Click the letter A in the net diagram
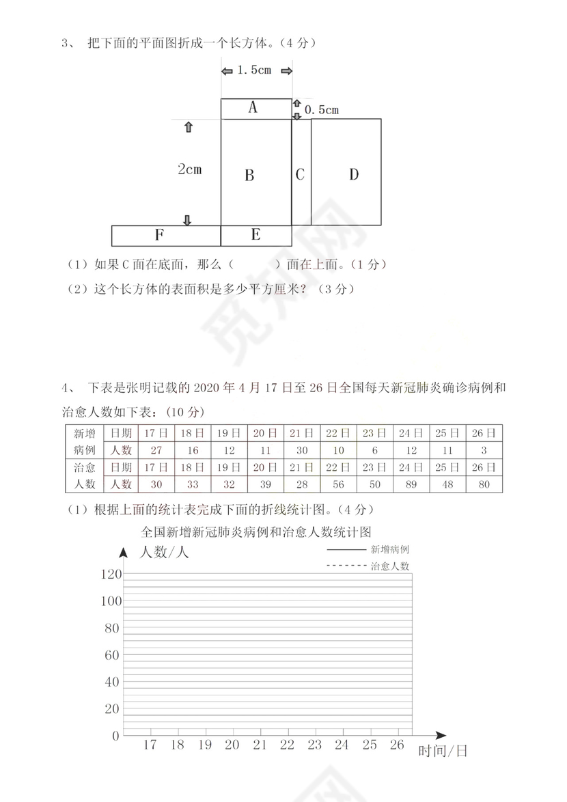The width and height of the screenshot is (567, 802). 253,108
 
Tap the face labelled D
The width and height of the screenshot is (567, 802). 353,175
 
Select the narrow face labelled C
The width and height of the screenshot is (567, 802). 300,175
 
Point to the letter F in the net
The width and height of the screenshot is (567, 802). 158,236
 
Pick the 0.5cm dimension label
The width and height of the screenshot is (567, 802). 322,109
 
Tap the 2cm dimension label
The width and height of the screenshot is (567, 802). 189,169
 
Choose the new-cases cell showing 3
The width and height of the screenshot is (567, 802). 484,450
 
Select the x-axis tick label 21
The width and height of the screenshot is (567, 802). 260,745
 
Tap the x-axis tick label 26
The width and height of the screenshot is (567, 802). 396,745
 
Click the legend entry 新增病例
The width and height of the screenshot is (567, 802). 390,549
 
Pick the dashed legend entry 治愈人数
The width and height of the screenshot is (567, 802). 390,566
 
